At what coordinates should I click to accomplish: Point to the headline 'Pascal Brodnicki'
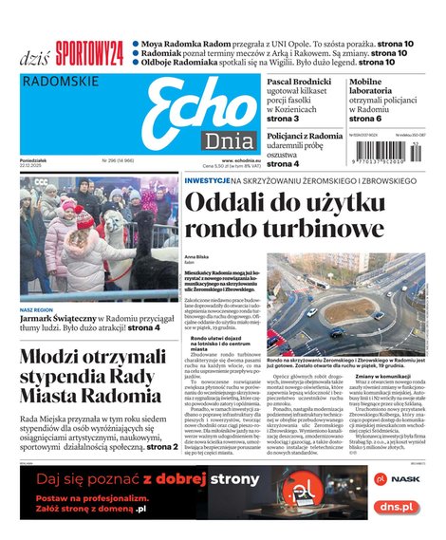pyautogui.click(x=298, y=83)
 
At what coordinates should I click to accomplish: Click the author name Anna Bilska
pyautogui.click(x=196, y=257)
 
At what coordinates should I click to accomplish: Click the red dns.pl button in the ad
pyautogui.click(x=395, y=507)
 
